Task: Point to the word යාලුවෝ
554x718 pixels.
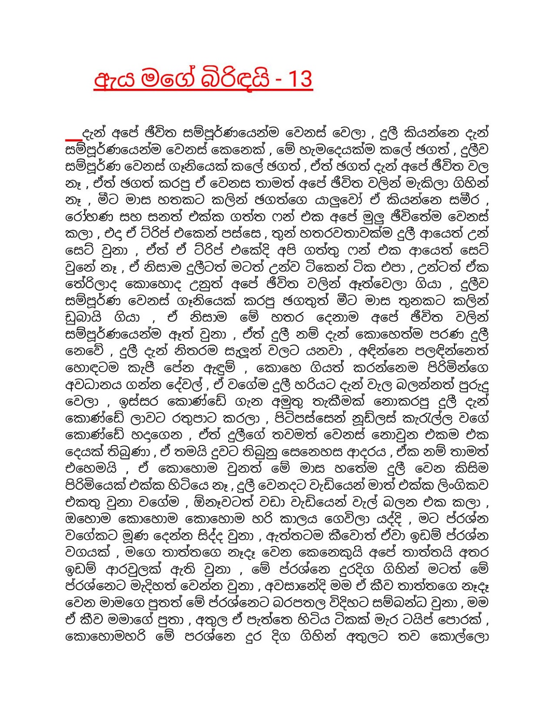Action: click(335, 200)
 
